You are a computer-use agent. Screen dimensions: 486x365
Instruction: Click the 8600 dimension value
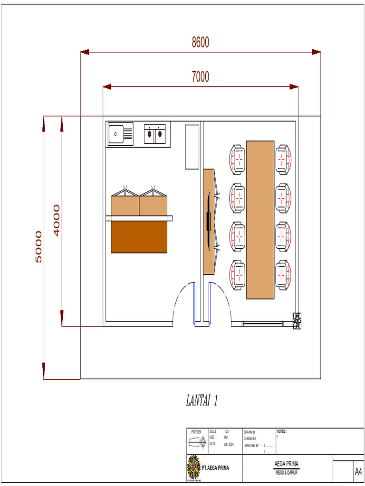pyautogui.click(x=200, y=43)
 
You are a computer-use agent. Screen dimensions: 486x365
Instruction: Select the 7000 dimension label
pyautogui.click(x=200, y=77)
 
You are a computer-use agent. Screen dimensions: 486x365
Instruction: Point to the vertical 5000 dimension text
pyautogui.click(x=38, y=247)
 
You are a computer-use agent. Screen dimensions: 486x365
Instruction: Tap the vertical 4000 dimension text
pyautogui.click(x=57, y=220)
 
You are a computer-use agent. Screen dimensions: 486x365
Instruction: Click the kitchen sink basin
pyautogui.click(x=115, y=134)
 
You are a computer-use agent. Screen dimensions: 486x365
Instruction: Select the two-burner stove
pyautogui.click(x=155, y=134)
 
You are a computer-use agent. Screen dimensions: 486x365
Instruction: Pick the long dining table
pyautogui.click(x=260, y=219)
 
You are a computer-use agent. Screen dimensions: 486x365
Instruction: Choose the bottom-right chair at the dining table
pyautogui.click(x=283, y=274)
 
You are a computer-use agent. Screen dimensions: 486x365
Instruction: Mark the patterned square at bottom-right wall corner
pyautogui.click(x=298, y=321)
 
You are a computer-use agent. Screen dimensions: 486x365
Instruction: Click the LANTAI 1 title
pyautogui.click(x=202, y=401)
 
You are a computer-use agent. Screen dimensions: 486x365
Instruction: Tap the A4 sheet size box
pyautogui.click(x=358, y=472)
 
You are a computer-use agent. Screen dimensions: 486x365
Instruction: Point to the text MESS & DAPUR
pyautogui.click(x=286, y=472)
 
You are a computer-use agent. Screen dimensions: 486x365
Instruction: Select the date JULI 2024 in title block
pyautogui.click(x=229, y=444)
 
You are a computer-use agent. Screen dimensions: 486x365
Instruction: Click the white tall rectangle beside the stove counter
pyautogui.click(x=192, y=147)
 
